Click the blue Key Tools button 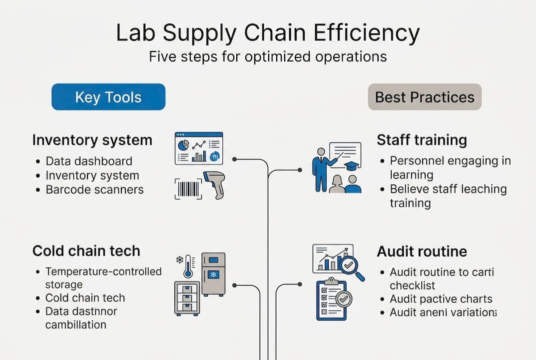coord(108,96)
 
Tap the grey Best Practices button coord(425,96)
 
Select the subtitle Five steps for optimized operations coord(268,56)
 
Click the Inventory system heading coord(92,140)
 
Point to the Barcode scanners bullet coord(94,189)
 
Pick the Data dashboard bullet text coord(89,161)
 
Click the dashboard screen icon coord(198,148)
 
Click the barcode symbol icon coord(188,189)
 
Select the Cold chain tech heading coord(86,250)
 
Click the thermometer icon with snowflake coord(186,265)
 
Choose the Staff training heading coord(422,140)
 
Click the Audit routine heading coord(422,250)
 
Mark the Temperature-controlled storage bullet coord(103,278)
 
